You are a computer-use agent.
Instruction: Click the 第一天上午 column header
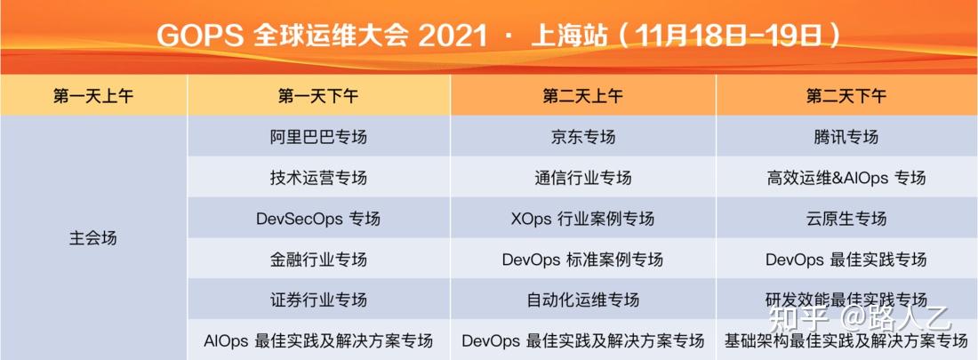[93, 96]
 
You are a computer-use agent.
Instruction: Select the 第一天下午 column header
[318, 96]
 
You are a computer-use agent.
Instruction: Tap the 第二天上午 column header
[582, 96]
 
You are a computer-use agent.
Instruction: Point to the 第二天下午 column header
[846, 96]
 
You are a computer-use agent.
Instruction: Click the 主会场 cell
[93, 238]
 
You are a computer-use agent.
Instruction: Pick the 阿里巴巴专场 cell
[318, 137]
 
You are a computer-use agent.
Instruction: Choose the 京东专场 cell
[582, 137]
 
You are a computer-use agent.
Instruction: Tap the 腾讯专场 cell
[846, 137]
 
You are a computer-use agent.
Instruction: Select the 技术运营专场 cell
[318, 178]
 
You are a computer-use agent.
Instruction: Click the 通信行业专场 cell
[582, 178]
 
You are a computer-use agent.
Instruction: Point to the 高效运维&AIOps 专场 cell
[846, 178]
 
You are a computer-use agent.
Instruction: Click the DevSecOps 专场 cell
[318, 219]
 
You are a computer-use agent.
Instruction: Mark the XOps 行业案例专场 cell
[582, 219]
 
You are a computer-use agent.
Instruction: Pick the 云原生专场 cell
[846, 219]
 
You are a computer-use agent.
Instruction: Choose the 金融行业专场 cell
[318, 260]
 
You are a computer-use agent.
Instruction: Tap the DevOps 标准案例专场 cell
[582, 260]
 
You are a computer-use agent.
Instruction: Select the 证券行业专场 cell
[318, 300]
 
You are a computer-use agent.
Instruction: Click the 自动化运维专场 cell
[582, 300]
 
